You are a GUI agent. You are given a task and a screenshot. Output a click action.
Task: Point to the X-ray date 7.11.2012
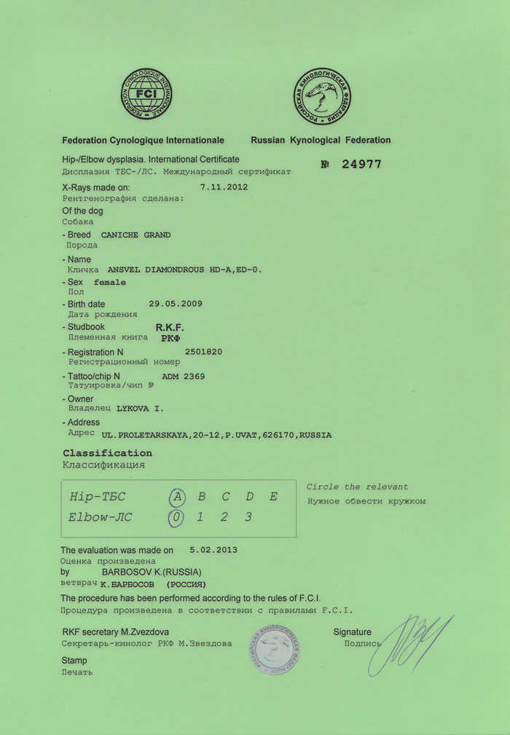pyautogui.click(x=224, y=186)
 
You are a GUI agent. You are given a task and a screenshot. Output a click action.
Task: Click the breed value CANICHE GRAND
pyautogui.click(x=136, y=235)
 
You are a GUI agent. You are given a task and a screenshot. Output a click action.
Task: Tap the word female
pyautogui.click(x=110, y=282)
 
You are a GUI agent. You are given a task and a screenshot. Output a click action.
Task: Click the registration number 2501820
pyautogui.click(x=204, y=351)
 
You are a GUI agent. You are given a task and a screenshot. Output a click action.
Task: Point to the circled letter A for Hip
pyautogui.click(x=176, y=497)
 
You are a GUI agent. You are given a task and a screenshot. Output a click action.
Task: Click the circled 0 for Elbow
pyautogui.click(x=176, y=518)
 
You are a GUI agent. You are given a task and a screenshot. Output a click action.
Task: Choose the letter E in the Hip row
pyautogui.click(x=273, y=497)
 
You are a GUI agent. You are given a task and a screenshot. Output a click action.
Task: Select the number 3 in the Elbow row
pyautogui.click(x=249, y=518)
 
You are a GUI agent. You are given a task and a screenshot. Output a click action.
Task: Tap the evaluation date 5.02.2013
pyautogui.click(x=213, y=551)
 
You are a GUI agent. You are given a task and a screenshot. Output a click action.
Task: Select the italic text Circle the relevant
pyautogui.click(x=357, y=487)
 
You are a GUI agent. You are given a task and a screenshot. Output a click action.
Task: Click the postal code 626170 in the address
pyautogui.click(x=283, y=435)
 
